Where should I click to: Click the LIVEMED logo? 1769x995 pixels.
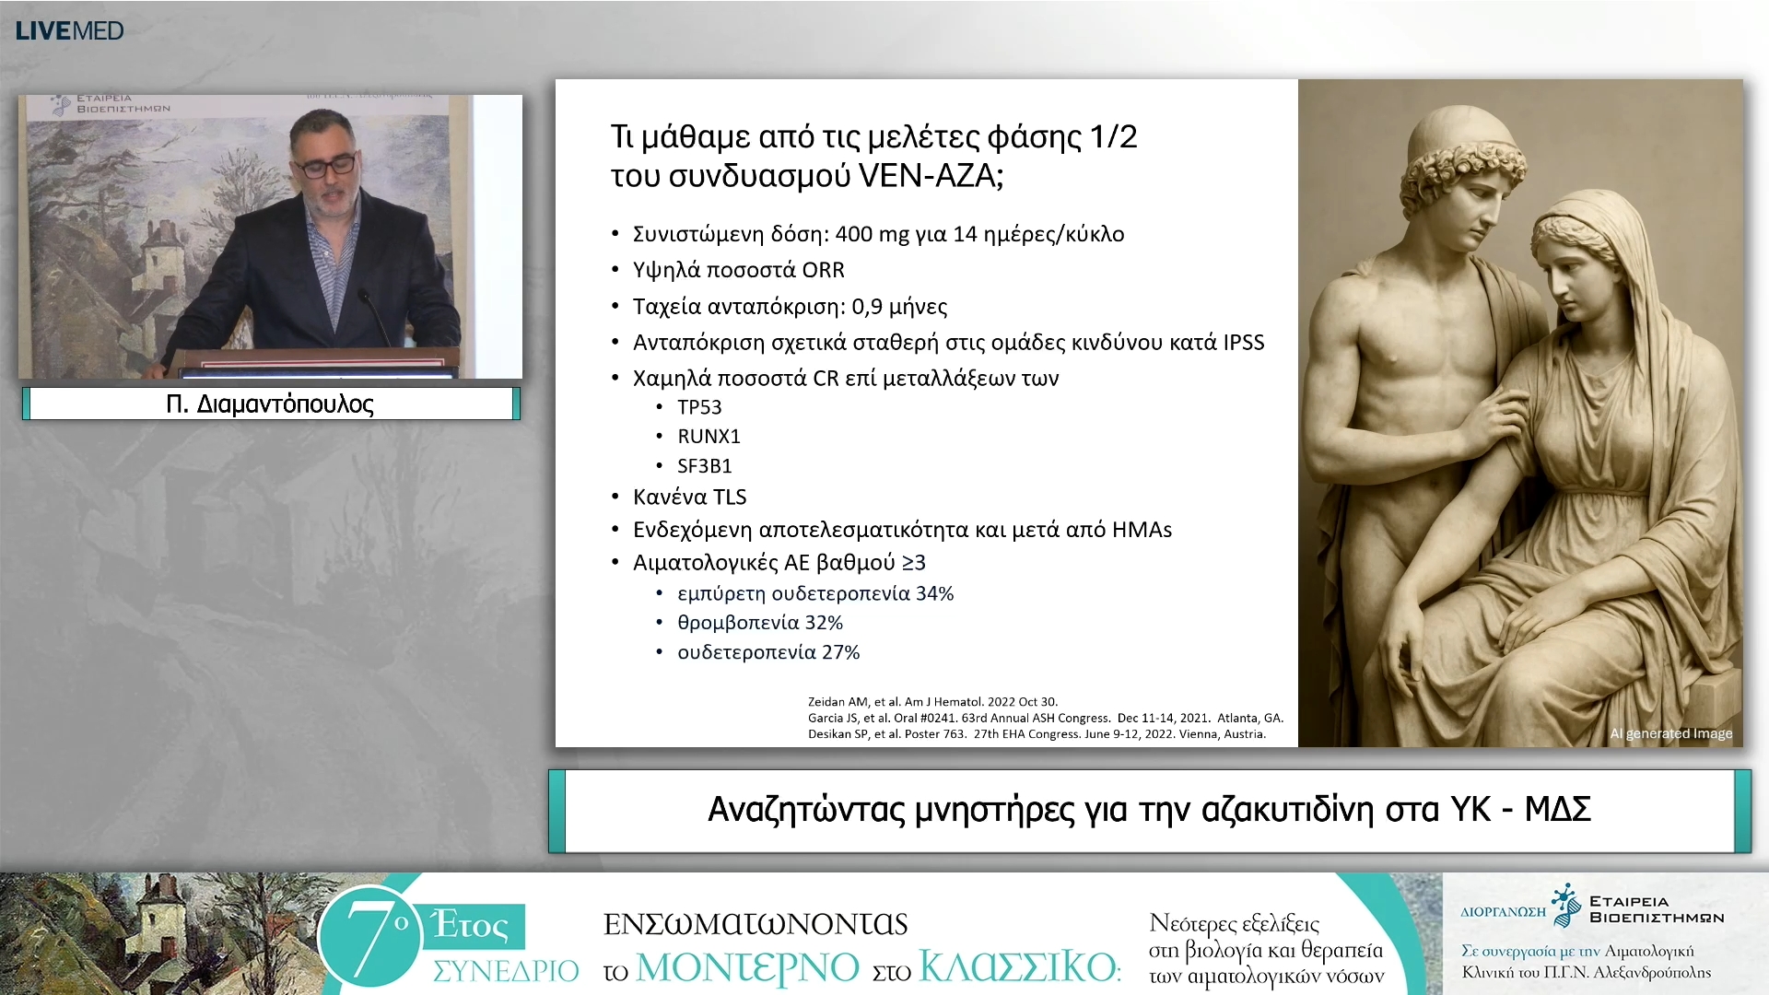point(70,30)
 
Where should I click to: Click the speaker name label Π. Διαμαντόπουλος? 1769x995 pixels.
point(270,404)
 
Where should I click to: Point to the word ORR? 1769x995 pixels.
point(823,270)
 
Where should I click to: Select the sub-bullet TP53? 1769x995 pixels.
point(699,407)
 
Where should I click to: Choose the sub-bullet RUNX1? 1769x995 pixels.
point(709,437)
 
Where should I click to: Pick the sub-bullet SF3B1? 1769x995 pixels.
point(704,466)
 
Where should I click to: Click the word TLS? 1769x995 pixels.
point(729,497)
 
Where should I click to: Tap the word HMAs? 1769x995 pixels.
point(1142,530)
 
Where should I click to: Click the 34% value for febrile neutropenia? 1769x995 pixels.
point(934,594)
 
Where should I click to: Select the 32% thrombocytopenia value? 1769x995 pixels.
point(824,624)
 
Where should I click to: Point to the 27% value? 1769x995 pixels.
point(840,653)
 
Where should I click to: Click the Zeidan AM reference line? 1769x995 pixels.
point(932,702)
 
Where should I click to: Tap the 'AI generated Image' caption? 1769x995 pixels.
point(1670,734)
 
